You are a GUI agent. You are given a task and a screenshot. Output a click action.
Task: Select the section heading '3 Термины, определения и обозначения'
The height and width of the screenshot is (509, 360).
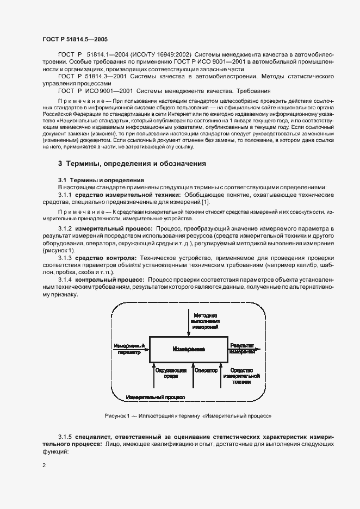pos(132,164)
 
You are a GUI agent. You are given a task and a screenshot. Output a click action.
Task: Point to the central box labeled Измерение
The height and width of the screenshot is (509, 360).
pos(188,348)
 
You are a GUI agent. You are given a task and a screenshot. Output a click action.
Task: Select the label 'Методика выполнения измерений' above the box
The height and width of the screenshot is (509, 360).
pos(204,321)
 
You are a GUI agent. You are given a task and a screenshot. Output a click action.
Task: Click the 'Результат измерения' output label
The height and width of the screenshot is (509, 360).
pos(243,348)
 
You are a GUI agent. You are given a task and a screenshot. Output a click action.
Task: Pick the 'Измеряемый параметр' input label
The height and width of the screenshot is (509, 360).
pos(129,349)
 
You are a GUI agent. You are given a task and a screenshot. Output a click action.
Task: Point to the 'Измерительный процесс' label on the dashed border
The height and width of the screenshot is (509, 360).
pos(155,398)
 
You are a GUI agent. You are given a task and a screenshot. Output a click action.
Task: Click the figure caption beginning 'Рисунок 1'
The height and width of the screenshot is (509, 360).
pos(188,416)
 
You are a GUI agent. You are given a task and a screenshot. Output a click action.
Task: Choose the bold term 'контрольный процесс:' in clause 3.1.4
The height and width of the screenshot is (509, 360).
pos(109,279)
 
